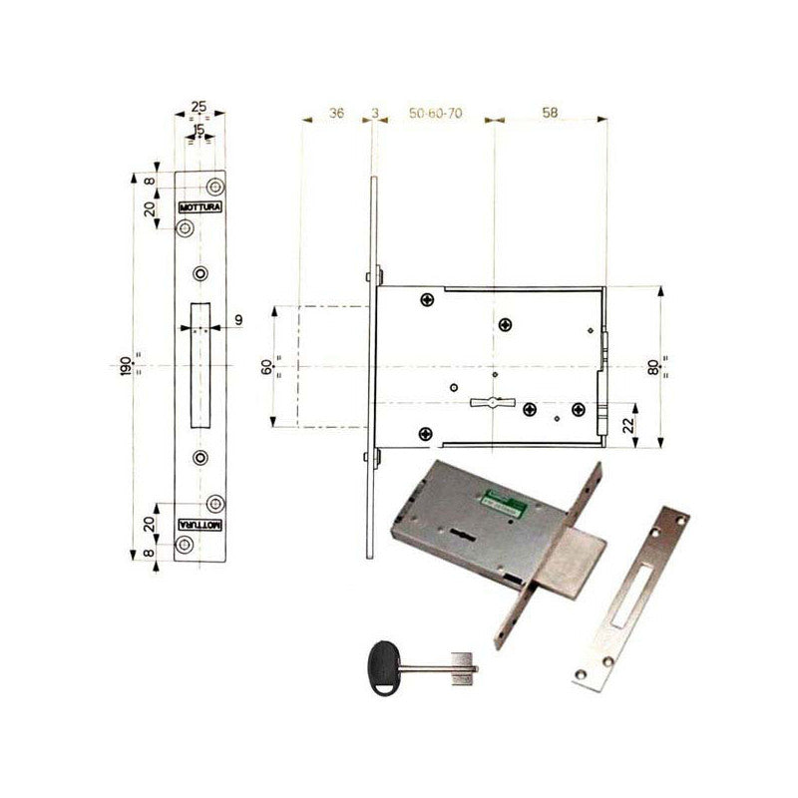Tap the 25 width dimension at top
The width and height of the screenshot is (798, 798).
tap(199, 105)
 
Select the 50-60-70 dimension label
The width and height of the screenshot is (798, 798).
tap(435, 115)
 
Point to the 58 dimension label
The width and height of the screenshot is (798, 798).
tap(550, 115)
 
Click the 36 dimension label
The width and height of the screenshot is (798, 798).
tap(336, 115)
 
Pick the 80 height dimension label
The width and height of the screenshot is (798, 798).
tap(653, 366)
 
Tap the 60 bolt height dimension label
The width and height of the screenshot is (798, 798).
tap(266, 366)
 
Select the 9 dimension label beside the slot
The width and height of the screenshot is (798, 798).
tap(238, 319)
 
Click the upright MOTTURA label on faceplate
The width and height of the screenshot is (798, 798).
tap(199, 207)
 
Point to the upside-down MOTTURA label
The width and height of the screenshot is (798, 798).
tap(199, 524)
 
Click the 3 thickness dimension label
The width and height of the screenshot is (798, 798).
tap(374, 115)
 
